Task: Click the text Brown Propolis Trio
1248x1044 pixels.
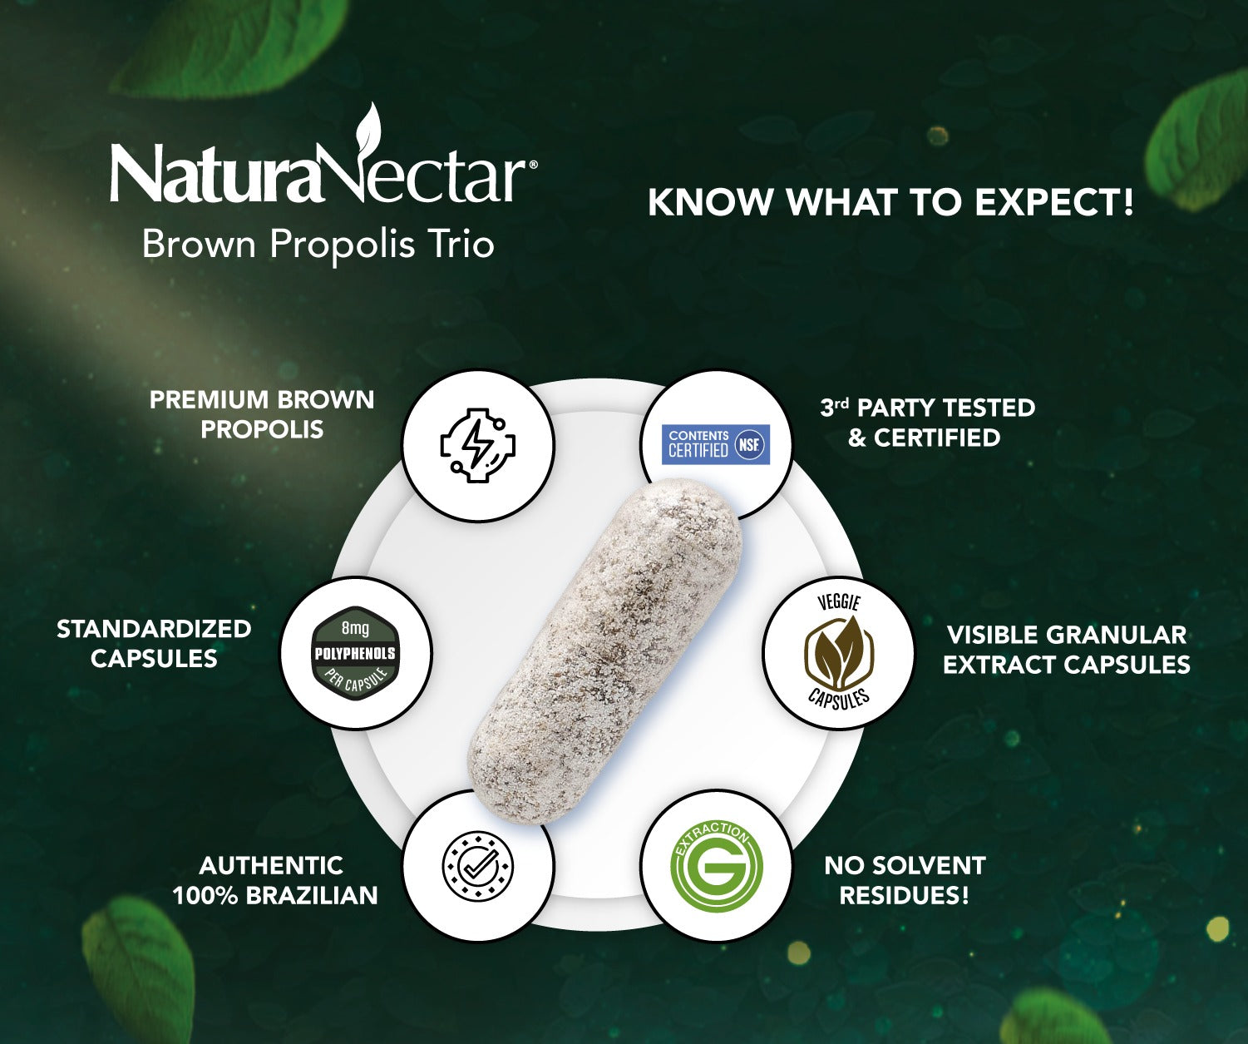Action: [x=318, y=245]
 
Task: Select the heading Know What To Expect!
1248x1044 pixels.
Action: [x=890, y=202]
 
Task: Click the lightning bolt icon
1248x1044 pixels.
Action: [x=477, y=445]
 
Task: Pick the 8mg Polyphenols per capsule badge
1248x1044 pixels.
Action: [x=356, y=653]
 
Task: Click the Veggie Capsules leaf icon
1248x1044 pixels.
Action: [x=838, y=653]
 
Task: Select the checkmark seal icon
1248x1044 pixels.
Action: [x=477, y=866]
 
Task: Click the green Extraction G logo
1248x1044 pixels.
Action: [x=717, y=866]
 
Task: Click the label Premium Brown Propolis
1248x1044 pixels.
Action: [x=262, y=414]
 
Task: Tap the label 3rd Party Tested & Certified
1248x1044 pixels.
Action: [x=926, y=423]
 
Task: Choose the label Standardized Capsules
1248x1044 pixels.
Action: [x=154, y=643]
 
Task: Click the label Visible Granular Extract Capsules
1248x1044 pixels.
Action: [x=1067, y=650]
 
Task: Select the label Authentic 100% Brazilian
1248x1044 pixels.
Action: [x=274, y=880]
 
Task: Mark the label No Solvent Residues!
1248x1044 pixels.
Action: [x=905, y=880]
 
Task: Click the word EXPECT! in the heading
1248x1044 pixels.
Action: [x=1053, y=202]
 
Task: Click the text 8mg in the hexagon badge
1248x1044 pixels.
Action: [x=355, y=628]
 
